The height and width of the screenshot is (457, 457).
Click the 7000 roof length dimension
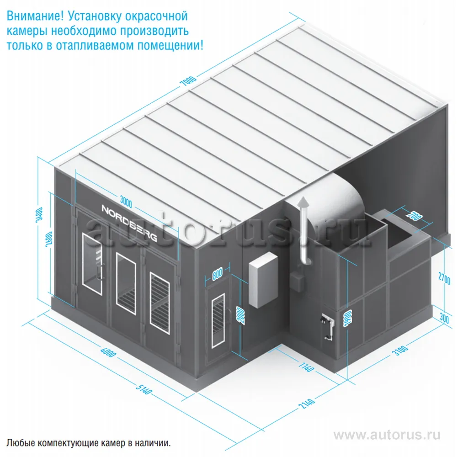click(x=188, y=81)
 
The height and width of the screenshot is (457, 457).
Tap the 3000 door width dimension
click(x=126, y=202)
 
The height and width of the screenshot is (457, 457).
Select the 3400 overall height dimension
click(x=39, y=215)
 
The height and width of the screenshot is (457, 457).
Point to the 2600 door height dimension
click(x=49, y=239)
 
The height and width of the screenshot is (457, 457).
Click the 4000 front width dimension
click(x=108, y=352)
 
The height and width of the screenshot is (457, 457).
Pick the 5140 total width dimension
click(x=144, y=389)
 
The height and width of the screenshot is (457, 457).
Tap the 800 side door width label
click(x=218, y=274)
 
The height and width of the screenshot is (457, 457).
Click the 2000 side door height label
click(x=241, y=316)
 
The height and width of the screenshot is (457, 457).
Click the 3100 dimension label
click(x=400, y=350)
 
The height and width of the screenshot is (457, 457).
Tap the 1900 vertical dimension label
click(x=347, y=318)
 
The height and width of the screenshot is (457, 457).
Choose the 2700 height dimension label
click(x=444, y=278)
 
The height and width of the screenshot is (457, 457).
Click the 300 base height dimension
click(x=444, y=318)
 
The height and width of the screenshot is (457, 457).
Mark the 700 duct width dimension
click(x=414, y=216)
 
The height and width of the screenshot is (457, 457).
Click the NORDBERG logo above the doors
click(x=129, y=223)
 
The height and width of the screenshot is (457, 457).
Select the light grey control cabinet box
click(x=263, y=280)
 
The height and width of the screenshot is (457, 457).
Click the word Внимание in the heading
click(x=35, y=16)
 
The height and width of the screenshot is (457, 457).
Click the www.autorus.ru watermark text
click(x=387, y=435)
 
